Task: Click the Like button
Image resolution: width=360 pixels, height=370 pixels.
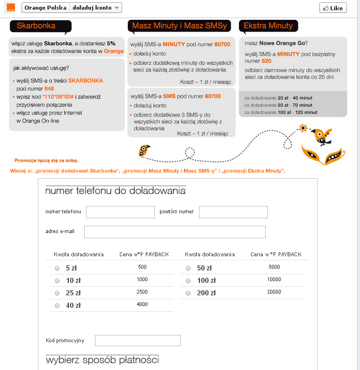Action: [x=333, y=8]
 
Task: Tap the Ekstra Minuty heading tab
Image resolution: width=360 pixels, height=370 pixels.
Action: [x=268, y=26]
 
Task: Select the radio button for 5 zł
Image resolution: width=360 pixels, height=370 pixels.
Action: [x=57, y=268]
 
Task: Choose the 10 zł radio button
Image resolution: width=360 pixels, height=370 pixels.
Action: [x=57, y=280]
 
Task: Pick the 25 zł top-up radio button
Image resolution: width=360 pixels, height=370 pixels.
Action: [x=57, y=293]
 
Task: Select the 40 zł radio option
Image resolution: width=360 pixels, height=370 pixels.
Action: [x=57, y=306]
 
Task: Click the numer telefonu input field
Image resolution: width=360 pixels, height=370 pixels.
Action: [x=120, y=212]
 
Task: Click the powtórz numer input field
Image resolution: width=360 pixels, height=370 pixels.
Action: [x=233, y=212]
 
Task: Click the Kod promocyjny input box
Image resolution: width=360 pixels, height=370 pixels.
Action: [x=137, y=341]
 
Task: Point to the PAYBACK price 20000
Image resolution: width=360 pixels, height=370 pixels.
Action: [x=274, y=292]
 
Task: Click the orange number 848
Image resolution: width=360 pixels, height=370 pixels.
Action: [x=49, y=89]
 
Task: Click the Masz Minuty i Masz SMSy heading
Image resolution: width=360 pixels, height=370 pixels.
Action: [x=180, y=26]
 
